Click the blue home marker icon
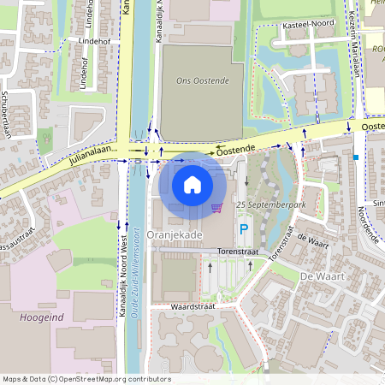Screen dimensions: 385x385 192,185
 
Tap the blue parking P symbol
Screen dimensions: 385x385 244,228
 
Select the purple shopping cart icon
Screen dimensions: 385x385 216,208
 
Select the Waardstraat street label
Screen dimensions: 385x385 192,305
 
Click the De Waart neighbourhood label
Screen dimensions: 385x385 323,276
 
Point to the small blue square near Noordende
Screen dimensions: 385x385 355,157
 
